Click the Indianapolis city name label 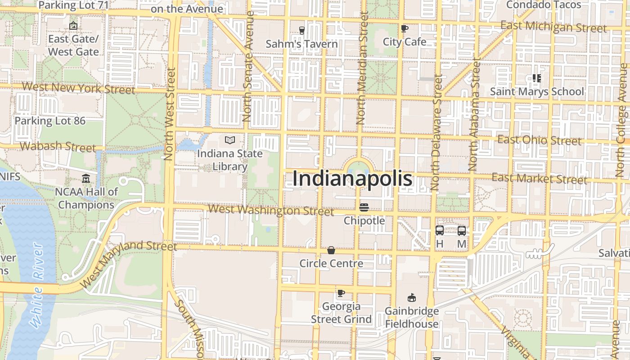[x=352, y=179]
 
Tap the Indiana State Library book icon [x=230, y=140]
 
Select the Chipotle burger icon [x=364, y=207]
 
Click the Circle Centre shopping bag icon [x=331, y=250]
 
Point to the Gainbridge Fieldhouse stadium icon [x=411, y=297]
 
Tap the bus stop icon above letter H [x=440, y=230]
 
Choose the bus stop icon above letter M [x=462, y=230]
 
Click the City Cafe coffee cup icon [x=405, y=29]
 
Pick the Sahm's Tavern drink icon [x=301, y=30]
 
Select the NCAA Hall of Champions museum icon [x=86, y=179]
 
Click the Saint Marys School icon [x=536, y=78]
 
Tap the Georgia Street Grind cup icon [x=341, y=293]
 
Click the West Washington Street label [x=271, y=210]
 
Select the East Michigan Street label [x=553, y=27]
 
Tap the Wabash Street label [x=58, y=146]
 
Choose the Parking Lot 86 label [x=50, y=121]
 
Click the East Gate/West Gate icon [x=73, y=26]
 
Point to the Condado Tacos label [x=544, y=5]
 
